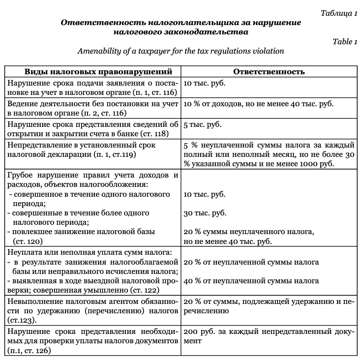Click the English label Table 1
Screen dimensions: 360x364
344,41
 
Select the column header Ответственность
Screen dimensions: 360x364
269,71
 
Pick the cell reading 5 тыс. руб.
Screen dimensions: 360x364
203,125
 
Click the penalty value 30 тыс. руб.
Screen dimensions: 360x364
205,213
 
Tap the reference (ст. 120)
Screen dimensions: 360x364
29,241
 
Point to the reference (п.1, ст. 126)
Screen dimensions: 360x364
30,351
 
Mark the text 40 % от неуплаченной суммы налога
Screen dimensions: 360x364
251,281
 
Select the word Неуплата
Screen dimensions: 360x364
25,252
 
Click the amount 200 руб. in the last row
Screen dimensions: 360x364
201,331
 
